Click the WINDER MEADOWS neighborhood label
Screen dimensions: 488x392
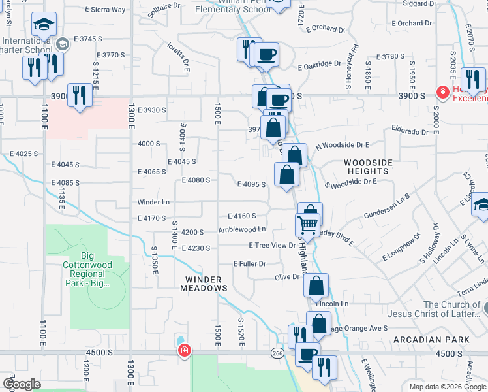click(x=203, y=283)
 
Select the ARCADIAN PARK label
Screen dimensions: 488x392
click(x=431, y=340)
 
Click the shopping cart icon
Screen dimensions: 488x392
click(x=307, y=226)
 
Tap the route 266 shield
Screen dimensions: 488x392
click(x=277, y=353)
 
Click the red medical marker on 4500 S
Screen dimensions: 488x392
click(x=185, y=351)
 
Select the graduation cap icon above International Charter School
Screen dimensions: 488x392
click(x=44, y=25)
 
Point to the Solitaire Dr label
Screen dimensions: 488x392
click(x=163, y=7)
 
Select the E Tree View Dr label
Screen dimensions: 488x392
click(x=272, y=245)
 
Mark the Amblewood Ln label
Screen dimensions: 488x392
click(x=242, y=229)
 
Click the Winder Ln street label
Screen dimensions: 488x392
click(x=153, y=202)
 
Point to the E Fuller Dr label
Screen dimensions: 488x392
click(x=250, y=264)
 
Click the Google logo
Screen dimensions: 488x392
click(x=22, y=384)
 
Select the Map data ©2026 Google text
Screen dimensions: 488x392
click(x=447, y=387)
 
